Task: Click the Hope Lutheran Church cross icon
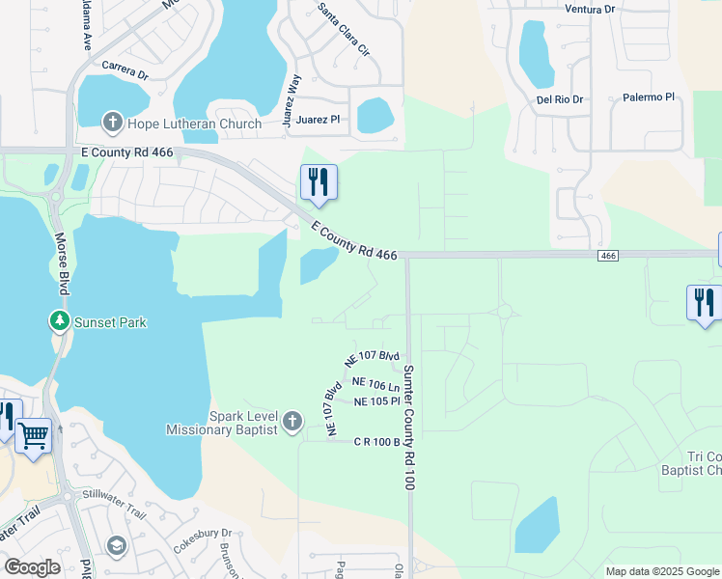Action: click(x=112, y=123)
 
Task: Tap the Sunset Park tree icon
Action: click(x=60, y=321)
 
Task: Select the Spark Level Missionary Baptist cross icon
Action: click(x=292, y=422)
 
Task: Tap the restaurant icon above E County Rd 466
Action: click(x=318, y=181)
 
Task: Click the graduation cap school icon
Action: click(x=117, y=546)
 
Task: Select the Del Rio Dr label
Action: click(x=561, y=99)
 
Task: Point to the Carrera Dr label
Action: click(x=125, y=73)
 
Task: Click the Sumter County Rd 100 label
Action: click(x=408, y=427)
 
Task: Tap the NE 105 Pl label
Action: click(x=376, y=401)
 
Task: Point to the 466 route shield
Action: click(x=607, y=255)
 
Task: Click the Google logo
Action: click(x=32, y=567)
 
